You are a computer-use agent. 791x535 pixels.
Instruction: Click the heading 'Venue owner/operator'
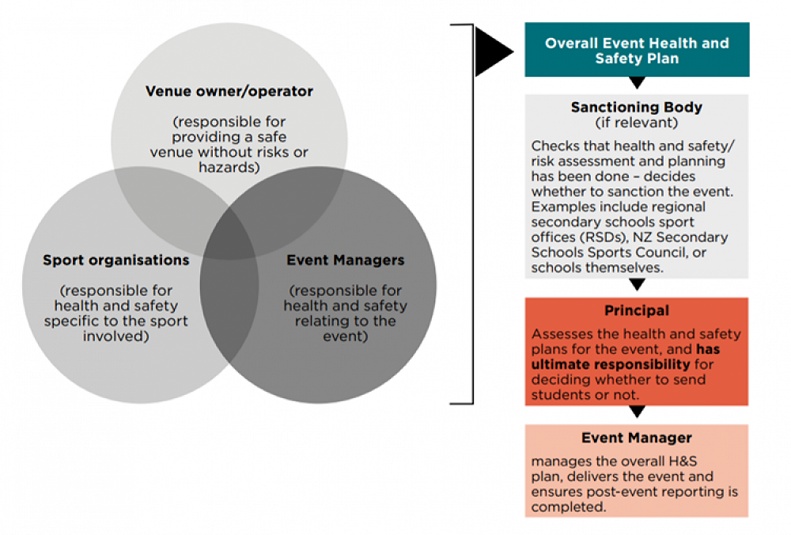tap(229, 91)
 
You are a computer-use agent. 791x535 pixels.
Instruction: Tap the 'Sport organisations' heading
tap(115, 260)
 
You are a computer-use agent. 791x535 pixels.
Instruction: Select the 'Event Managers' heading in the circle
tap(345, 260)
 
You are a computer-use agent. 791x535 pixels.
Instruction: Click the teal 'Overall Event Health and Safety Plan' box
tap(637, 50)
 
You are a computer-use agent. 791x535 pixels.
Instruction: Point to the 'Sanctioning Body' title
tap(637, 107)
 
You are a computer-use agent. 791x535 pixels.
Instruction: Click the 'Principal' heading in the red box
tap(637, 310)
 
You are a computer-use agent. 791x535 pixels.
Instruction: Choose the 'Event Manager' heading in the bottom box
tap(637, 438)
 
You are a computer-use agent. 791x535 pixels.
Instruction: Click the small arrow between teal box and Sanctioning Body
tap(637, 82)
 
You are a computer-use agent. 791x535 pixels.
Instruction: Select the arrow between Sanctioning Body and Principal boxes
tap(637, 285)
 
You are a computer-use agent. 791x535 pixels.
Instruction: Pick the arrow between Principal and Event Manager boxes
tap(637, 412)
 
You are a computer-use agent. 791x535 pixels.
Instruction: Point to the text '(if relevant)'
tap(637, 123)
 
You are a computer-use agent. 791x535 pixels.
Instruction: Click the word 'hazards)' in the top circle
tap(229, 167)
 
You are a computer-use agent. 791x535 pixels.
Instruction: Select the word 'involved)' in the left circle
tap(115, 336)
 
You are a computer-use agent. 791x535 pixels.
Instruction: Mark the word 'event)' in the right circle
tap(345, 336)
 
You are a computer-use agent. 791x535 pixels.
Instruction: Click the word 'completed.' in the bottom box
tap(569, 507)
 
